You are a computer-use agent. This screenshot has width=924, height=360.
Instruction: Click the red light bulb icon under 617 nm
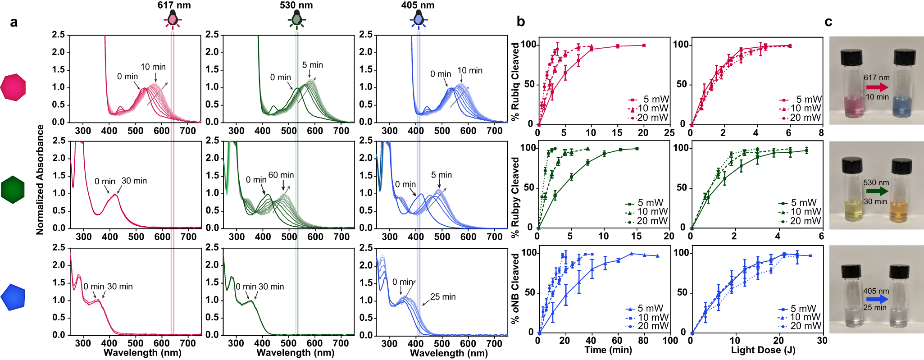tap(173, 19)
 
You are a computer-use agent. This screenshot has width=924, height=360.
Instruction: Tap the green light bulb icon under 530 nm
tap(296, 19)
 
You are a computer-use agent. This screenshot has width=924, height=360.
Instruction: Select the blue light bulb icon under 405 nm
tap(419, 19)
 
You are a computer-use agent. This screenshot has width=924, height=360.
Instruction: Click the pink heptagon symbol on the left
tap(13, 87)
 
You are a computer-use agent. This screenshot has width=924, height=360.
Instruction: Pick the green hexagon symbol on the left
tap(13, 190)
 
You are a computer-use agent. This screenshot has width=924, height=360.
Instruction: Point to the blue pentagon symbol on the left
tap(13, 297)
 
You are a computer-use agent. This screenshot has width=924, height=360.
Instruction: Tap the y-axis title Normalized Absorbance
tap(40, 179)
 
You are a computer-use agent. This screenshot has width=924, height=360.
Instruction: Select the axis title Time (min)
tap(608, 350)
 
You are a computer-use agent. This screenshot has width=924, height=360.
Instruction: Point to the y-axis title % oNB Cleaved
tap(515, 288)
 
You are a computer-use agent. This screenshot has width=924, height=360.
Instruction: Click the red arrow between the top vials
tap(877, 87)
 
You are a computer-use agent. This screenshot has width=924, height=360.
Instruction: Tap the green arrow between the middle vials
tap(877, 191)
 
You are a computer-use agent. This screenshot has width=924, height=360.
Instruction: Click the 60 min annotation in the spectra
tap(281, 175)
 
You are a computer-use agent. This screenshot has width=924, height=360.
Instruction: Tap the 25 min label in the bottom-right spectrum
tap(442, 297)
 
